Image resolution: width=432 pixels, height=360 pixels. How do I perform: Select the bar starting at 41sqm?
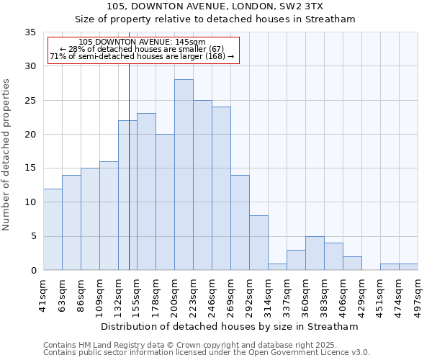pyautogui.click(x=53, y=230)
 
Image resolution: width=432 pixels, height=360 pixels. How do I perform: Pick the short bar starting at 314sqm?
pyautogui.click(x=277, y=266)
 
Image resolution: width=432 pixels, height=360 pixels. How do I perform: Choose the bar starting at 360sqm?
pyautogui.click(x=315, y=253)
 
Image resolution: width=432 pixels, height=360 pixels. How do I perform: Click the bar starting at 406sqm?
pyautogui.click(x=352, y=264)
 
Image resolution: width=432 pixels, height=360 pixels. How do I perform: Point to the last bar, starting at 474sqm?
pyautogui.click(x=408, y=267)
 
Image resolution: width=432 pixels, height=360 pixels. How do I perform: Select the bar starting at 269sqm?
pyautogui.click(x=240, y=222)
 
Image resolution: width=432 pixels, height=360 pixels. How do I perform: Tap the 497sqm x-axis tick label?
pyautogui.click(x=418, y=296)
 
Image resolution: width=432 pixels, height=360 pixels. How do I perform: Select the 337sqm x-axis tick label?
pyautogui.click(x=287, y=296)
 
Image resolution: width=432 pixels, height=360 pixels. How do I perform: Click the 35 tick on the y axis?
pyautogui.click(x=30, y=32)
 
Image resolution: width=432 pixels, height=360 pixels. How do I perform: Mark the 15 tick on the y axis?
pyautogui.click(x=30, y=168)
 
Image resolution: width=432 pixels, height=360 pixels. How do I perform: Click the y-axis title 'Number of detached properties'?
pyautogui.click(x=6, y=155)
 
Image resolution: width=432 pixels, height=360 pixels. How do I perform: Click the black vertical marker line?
pyautogui.click(x=129, y=180)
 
